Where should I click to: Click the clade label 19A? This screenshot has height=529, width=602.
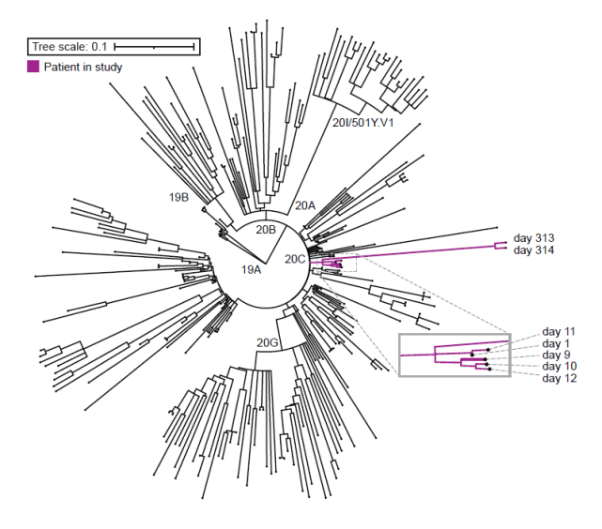pos(251,270)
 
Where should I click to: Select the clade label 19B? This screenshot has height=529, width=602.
pos(179,197)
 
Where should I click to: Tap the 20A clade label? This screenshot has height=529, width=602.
pos(305,205)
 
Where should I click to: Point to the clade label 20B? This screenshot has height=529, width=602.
pos(266,230)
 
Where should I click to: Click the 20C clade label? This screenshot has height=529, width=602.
pos(295,260)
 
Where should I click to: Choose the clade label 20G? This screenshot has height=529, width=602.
pos(268,342)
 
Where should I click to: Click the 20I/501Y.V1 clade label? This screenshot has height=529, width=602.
pos(363,123)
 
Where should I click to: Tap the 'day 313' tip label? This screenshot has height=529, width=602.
pos(533,238)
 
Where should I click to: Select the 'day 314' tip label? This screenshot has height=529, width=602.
pos(533,250)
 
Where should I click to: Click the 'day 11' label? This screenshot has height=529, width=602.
pos(559,332)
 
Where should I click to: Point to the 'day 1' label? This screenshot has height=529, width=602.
pos(556,343)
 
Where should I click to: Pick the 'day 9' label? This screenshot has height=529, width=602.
pos(556,355)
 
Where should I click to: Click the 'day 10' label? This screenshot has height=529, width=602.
pos(560,367)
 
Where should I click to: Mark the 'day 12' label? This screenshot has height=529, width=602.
pos(560,378)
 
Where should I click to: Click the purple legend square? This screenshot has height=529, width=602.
pos(33,67)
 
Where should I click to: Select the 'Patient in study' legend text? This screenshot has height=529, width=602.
pos(83,68)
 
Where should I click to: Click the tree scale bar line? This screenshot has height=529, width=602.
pos(154,47)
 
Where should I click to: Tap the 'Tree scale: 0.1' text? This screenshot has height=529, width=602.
pos(69,47)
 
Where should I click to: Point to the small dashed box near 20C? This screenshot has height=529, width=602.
pos(356,263)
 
